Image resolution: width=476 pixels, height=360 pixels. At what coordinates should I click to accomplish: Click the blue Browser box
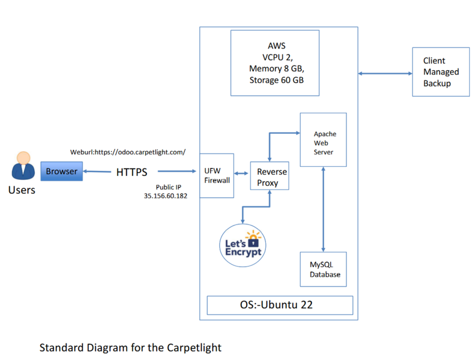pos(61,172)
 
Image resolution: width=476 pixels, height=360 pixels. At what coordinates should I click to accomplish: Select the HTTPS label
pos(131,172)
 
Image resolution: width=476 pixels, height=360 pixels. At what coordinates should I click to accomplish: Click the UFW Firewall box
pos(217,175)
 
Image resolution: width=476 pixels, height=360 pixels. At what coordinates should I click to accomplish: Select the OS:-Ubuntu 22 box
pos(280,305)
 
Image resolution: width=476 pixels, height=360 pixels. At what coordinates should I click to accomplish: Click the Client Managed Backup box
pos(441,72)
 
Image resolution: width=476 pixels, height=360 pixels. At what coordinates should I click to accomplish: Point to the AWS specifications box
pos(276,63)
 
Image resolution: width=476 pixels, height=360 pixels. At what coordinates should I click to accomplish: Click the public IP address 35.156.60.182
pos(165,196)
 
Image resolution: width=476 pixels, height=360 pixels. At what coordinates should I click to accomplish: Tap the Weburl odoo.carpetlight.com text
pos(128,152)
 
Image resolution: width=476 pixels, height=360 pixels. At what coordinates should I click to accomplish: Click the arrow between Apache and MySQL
pos(324,210)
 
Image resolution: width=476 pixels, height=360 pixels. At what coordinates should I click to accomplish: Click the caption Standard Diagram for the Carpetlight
pos(130,347)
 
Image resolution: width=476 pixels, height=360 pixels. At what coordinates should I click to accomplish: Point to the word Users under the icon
pos(22,190)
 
